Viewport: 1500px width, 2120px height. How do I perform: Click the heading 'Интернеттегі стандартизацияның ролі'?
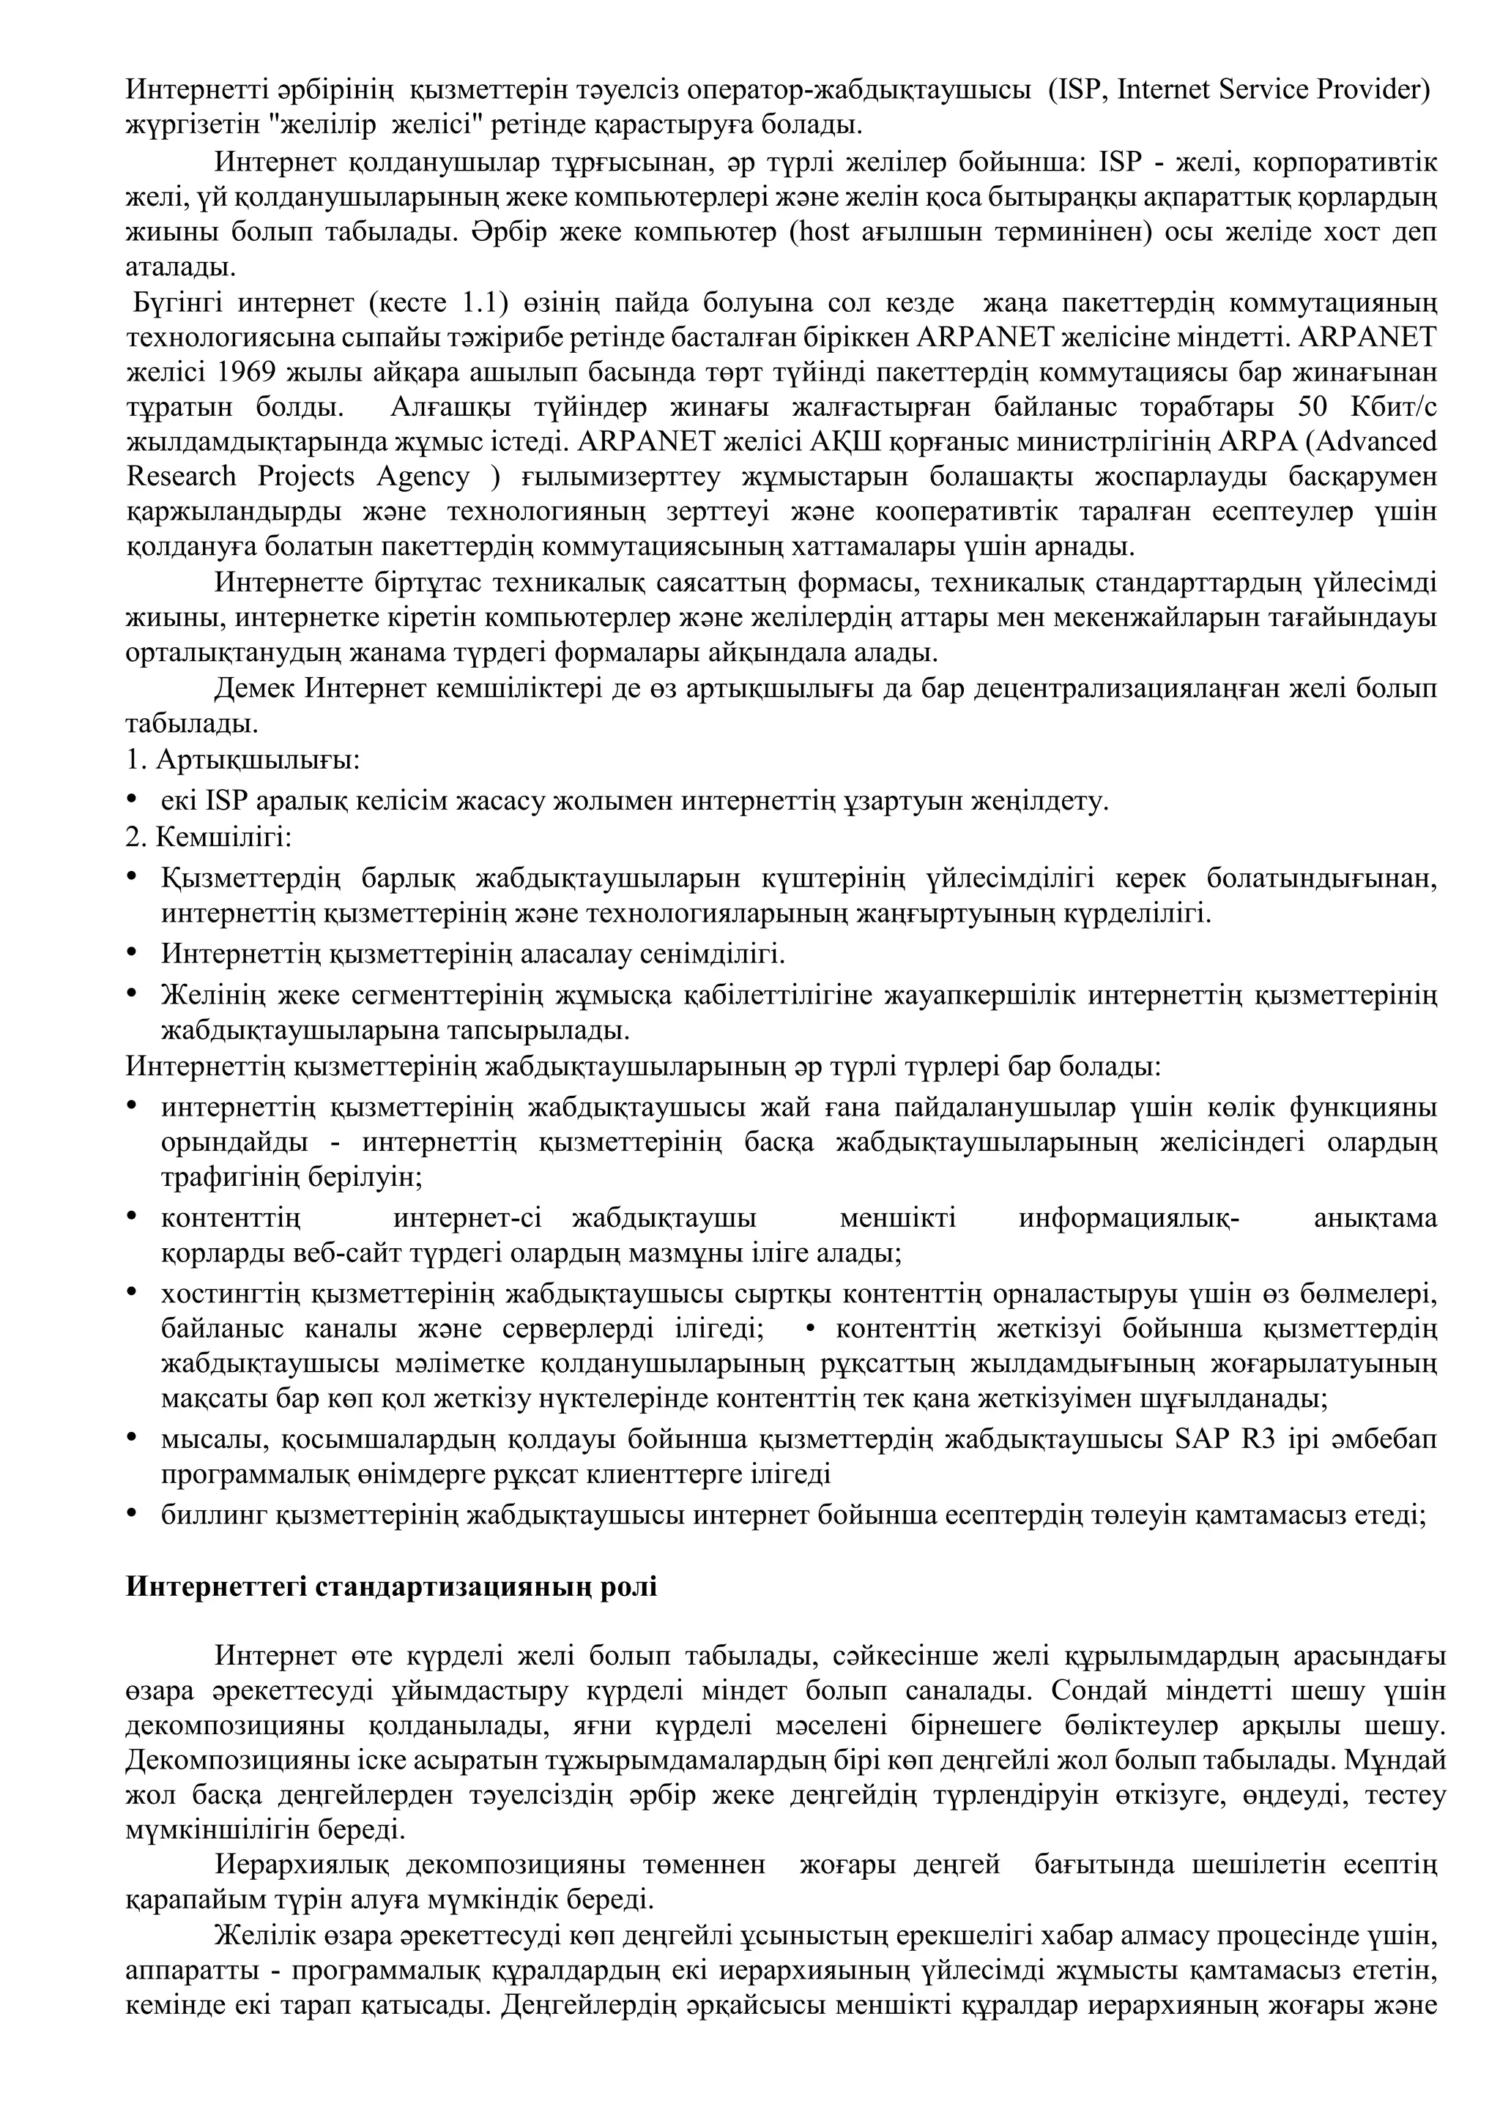click(x=392, y=1588)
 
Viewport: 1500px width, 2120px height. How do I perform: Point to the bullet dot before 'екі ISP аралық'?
click(x=132, y=799)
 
